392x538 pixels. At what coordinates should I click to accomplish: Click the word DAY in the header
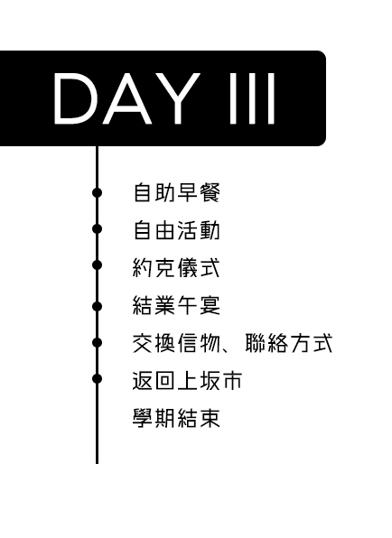click(x=127, y=98)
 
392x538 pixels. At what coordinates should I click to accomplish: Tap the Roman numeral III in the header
click(x=252, y=98)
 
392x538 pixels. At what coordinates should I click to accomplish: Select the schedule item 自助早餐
click(x=176, y=192)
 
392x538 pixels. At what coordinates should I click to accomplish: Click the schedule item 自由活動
click(x=176, y=230)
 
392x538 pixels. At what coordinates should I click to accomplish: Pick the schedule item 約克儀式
click(x=176, y=268)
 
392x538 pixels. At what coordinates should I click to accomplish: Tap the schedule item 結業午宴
click(x=176, y=305)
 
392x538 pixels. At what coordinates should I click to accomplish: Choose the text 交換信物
click(x=176, y=343)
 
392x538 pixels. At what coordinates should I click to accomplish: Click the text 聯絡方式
click(x=289, y=343)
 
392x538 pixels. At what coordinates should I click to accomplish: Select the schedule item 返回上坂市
click(x=187, y=381)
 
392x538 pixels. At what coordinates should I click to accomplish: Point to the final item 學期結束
click(x=176, y=418)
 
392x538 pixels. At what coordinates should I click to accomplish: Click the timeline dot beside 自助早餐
click(x=98, y=192)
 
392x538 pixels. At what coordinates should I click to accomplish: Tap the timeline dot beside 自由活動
click(x=98, y=229)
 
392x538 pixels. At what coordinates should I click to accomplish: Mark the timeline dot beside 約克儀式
click(x=98, y=264)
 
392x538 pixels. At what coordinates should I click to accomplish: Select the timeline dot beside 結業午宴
click(x=98, y=306)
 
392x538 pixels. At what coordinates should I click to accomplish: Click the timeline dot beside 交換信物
click(x=98, y=342)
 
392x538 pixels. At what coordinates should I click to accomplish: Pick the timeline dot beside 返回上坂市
click(x=98, y=378)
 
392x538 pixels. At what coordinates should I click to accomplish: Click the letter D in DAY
click(x=74, y=98)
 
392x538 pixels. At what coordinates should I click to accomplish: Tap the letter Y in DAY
click(x=178, y=98)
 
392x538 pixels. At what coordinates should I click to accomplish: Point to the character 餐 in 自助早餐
click(x=210, y=192)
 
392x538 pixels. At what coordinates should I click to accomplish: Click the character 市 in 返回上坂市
click(x=232, y=381)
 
